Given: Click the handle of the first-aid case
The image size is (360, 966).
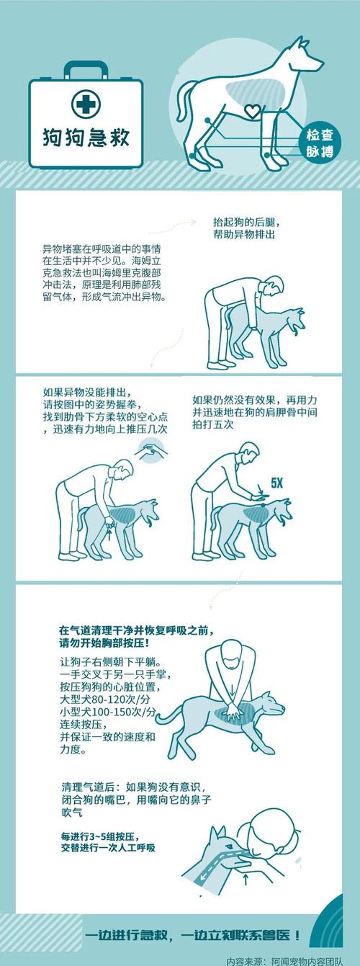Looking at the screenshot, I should pyautogui.click(x=86, y=71).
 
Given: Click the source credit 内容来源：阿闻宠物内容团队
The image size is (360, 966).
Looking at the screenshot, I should pyautogui.click(x=292, y=960).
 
